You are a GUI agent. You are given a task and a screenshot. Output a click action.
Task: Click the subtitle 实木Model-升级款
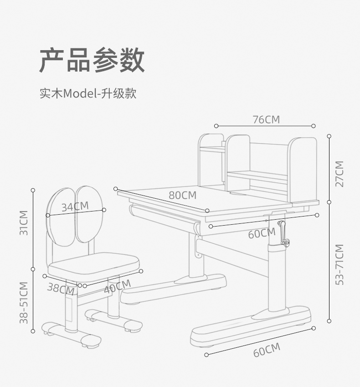pos(87,94)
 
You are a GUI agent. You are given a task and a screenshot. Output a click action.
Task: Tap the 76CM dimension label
pos(266,120)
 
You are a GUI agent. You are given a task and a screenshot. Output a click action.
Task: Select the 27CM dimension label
pos(339,174)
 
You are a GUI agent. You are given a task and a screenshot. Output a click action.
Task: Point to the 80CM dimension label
pos(182,195)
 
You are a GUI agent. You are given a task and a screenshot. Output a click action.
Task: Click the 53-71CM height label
pos(339,265)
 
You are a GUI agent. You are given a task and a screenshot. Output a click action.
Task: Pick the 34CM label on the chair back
pos(75,206)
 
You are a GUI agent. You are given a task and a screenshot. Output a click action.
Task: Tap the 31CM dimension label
pos(24,223)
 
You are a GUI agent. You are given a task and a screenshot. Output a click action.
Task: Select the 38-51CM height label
pos(24,302)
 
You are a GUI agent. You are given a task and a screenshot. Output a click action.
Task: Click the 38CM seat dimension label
pos(61,289)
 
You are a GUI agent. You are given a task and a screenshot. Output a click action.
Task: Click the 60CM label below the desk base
pos(267,350)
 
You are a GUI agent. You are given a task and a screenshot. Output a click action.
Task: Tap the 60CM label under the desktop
pos(262,233)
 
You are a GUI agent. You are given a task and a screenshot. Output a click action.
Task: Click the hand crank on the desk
pos(283,232)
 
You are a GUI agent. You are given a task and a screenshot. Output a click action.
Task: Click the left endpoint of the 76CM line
pos(216,126)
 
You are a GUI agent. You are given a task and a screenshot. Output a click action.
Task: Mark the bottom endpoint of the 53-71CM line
pos(329,321)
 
